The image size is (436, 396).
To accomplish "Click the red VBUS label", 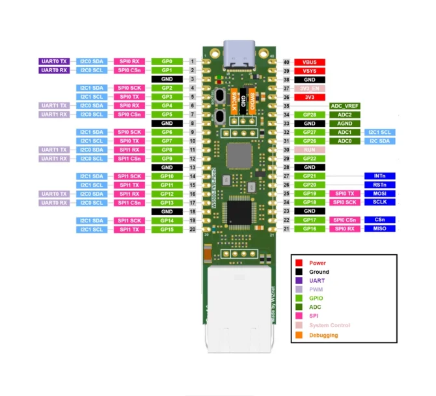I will tap(310, 62).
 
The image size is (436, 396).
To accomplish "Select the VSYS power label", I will tap(310, 71).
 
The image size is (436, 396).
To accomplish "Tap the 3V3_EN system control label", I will tap(310, 88).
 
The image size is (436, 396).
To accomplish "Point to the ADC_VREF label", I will tap(345, 106).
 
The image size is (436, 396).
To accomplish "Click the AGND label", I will tap(345, 124).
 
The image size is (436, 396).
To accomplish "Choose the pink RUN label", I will tap(310, 150).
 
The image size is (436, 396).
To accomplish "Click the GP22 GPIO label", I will tap(310, 159).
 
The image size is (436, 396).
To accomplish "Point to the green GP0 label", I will tap(167, 61).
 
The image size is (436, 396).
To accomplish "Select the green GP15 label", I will tap(167, 230).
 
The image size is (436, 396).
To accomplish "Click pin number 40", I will tap(286, 62).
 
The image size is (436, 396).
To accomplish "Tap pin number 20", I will tap(193, 230).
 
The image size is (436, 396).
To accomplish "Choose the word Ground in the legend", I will tap(319, 272).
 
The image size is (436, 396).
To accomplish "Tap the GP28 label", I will tap(310, 114).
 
